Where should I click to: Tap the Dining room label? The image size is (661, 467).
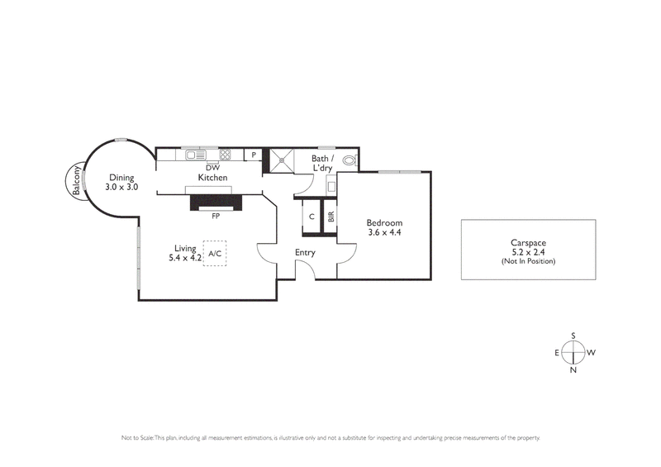click(121, 177)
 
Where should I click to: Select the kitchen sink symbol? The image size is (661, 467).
click(195, 154)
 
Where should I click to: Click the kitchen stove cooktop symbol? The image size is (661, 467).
click(224, 154)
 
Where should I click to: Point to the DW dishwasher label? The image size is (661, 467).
click(212, 167)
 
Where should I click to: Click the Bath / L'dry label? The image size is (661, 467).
click(321, 163)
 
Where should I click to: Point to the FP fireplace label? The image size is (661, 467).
click(215, 216)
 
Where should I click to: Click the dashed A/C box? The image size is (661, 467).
click(214, 253)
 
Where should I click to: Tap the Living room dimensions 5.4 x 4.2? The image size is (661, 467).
click(186, 258)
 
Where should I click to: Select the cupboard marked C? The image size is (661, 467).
click(311, 217)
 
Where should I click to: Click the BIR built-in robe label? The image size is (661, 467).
click(330, 217)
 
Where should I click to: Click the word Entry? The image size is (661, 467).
click(306, 253)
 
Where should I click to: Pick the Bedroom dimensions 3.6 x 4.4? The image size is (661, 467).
click(384, 233)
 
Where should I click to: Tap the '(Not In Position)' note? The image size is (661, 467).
click(528, 261)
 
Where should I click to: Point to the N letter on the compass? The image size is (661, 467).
click(573, 369)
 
